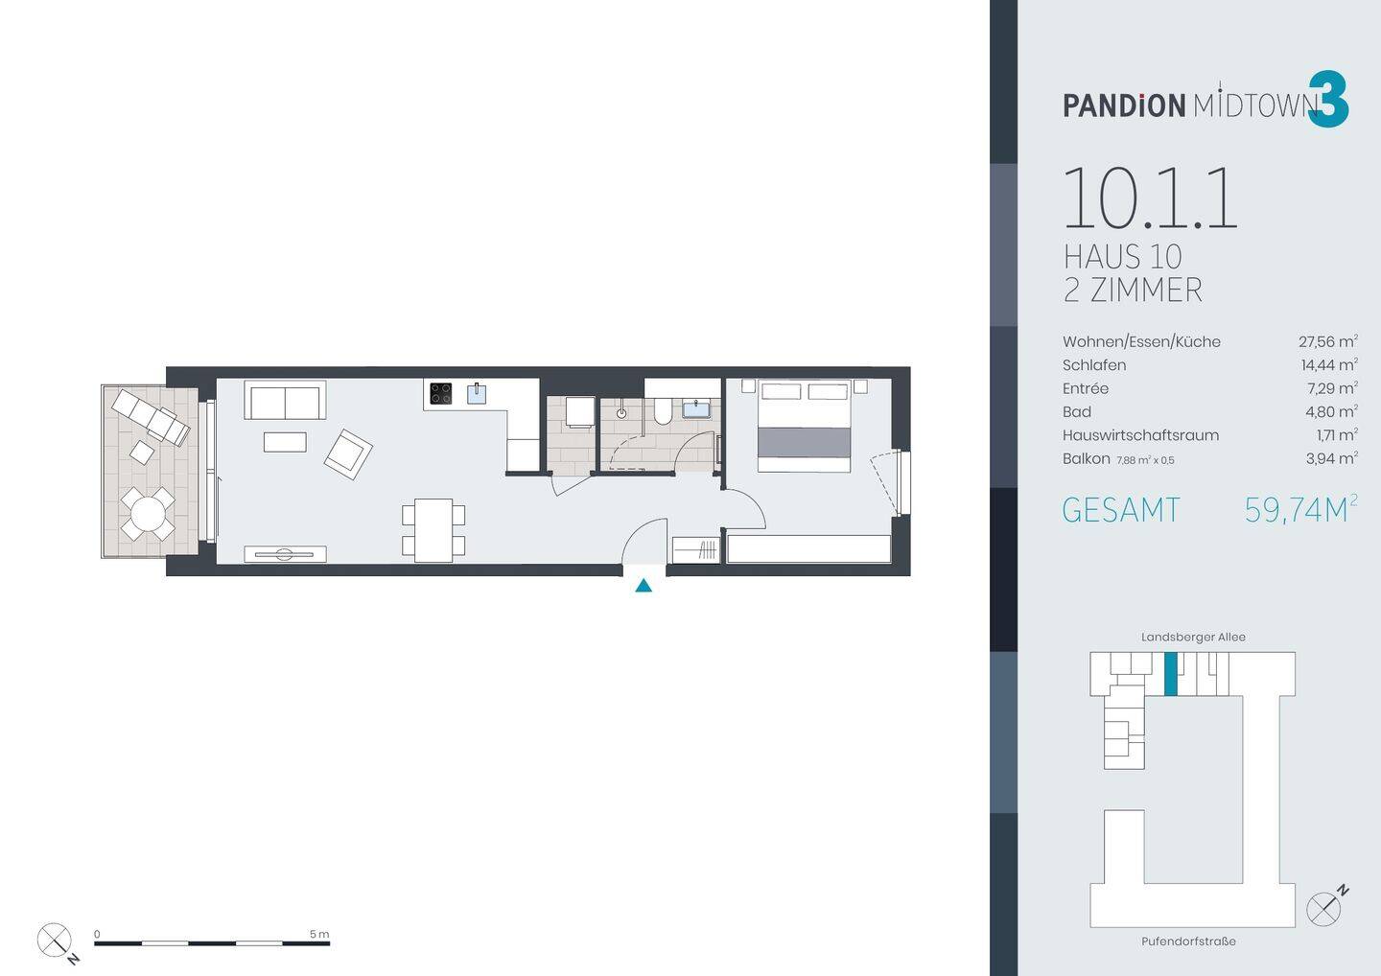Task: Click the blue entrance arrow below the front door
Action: coord(644,586)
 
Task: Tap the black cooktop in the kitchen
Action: coord(441,394)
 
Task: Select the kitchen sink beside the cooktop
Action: coord(477,393)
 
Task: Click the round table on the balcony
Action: coord(148,513)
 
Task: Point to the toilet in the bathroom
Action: coord(664,410)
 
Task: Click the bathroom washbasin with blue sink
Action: coord(697,408)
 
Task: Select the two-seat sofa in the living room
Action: coord(286,400)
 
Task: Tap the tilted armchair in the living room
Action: coord(348,454)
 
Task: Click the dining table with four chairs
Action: coord(433,530)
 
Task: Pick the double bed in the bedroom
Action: coord(804,426)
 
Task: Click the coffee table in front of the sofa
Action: coord(285,442)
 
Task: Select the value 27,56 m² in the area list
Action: coord(1328,340)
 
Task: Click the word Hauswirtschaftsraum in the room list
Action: coord(1140,435)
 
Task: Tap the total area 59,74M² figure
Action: coord(1300,509)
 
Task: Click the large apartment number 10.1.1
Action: coord(1151,198)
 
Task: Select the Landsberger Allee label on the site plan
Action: coord(1193,638)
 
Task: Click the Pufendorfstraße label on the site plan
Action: coord(1188,941)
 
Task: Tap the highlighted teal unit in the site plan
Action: coord(1171,674)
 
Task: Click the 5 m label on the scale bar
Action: coord(319,934)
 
